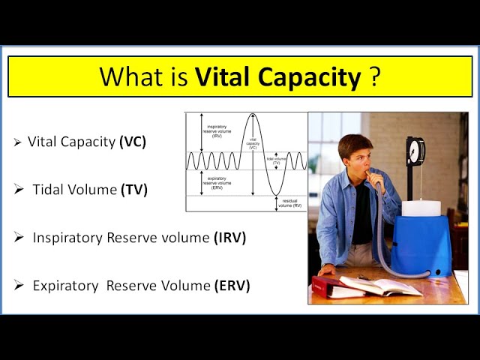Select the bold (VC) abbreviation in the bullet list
click(133, 141)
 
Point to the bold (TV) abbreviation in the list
click(134, 190)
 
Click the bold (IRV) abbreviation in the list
click(229, 238)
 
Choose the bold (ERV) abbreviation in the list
click(232, 286)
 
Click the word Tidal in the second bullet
click(49, 190)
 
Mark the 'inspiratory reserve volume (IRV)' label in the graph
click(217, 131)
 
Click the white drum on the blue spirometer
click(420, 208)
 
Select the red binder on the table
click(328, 286)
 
